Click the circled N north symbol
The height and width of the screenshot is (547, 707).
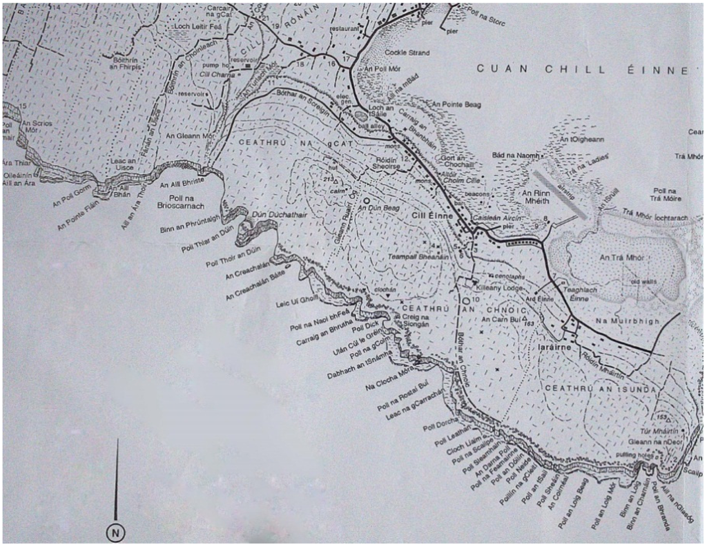coord(115,532)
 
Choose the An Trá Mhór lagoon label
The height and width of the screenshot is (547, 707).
coord(621,258)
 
